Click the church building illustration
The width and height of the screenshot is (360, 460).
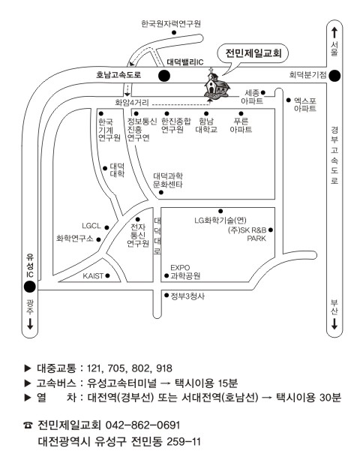[217, 85]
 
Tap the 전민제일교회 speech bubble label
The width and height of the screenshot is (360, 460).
[253, 53]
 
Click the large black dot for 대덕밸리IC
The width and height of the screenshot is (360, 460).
[164, 76]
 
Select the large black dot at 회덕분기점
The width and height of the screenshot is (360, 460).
[334, 76]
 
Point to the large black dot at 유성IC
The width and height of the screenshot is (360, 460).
[29, 287]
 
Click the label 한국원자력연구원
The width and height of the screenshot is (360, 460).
[171, 23]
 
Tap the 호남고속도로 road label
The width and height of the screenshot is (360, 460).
[118, 75]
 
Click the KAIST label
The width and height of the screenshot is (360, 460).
[93, 275]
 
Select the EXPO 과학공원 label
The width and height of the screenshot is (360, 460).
[185, 272]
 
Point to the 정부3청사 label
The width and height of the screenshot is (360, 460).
[187, 296]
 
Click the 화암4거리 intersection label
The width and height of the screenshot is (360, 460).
[132, 103]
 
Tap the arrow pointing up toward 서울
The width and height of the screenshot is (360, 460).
[334, 32]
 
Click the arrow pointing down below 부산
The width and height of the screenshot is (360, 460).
[334, 324]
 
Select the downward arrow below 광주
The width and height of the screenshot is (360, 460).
[30, 324]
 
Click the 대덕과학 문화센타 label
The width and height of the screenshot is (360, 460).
[168, 180]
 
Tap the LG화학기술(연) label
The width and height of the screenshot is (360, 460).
[220, 221]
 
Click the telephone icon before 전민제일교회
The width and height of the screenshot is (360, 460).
[28, 425]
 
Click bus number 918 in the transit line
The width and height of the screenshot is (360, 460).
[164, 368]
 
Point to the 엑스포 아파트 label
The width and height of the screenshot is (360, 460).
[305, 105]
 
